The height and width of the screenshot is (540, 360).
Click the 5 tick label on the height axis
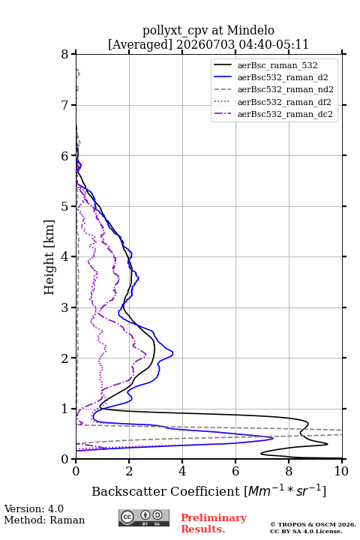click(x=65, y=206)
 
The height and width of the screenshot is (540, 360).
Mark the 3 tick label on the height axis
click(x=65, y=307)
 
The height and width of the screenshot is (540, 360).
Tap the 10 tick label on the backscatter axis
click(x=341, y=471)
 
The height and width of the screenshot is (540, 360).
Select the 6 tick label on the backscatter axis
click(x=235, y=471)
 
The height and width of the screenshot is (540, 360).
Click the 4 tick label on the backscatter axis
click(x=182, y=471)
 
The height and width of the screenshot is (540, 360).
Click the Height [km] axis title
click(x=49, y=257)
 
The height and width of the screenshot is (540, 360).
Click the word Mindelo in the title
click(x=250, y=30)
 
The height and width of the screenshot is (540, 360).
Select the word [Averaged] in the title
click(x=140, y=44)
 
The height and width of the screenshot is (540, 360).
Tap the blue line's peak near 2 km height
click(x=172, y=353)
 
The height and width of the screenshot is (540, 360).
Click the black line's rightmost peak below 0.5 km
click(x=327, y=444)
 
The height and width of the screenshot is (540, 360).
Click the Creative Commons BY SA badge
click(x=144, y=517)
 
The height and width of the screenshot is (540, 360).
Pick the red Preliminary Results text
click(x=214, y=523)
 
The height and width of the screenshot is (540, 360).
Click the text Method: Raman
click(x=44, y=520)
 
